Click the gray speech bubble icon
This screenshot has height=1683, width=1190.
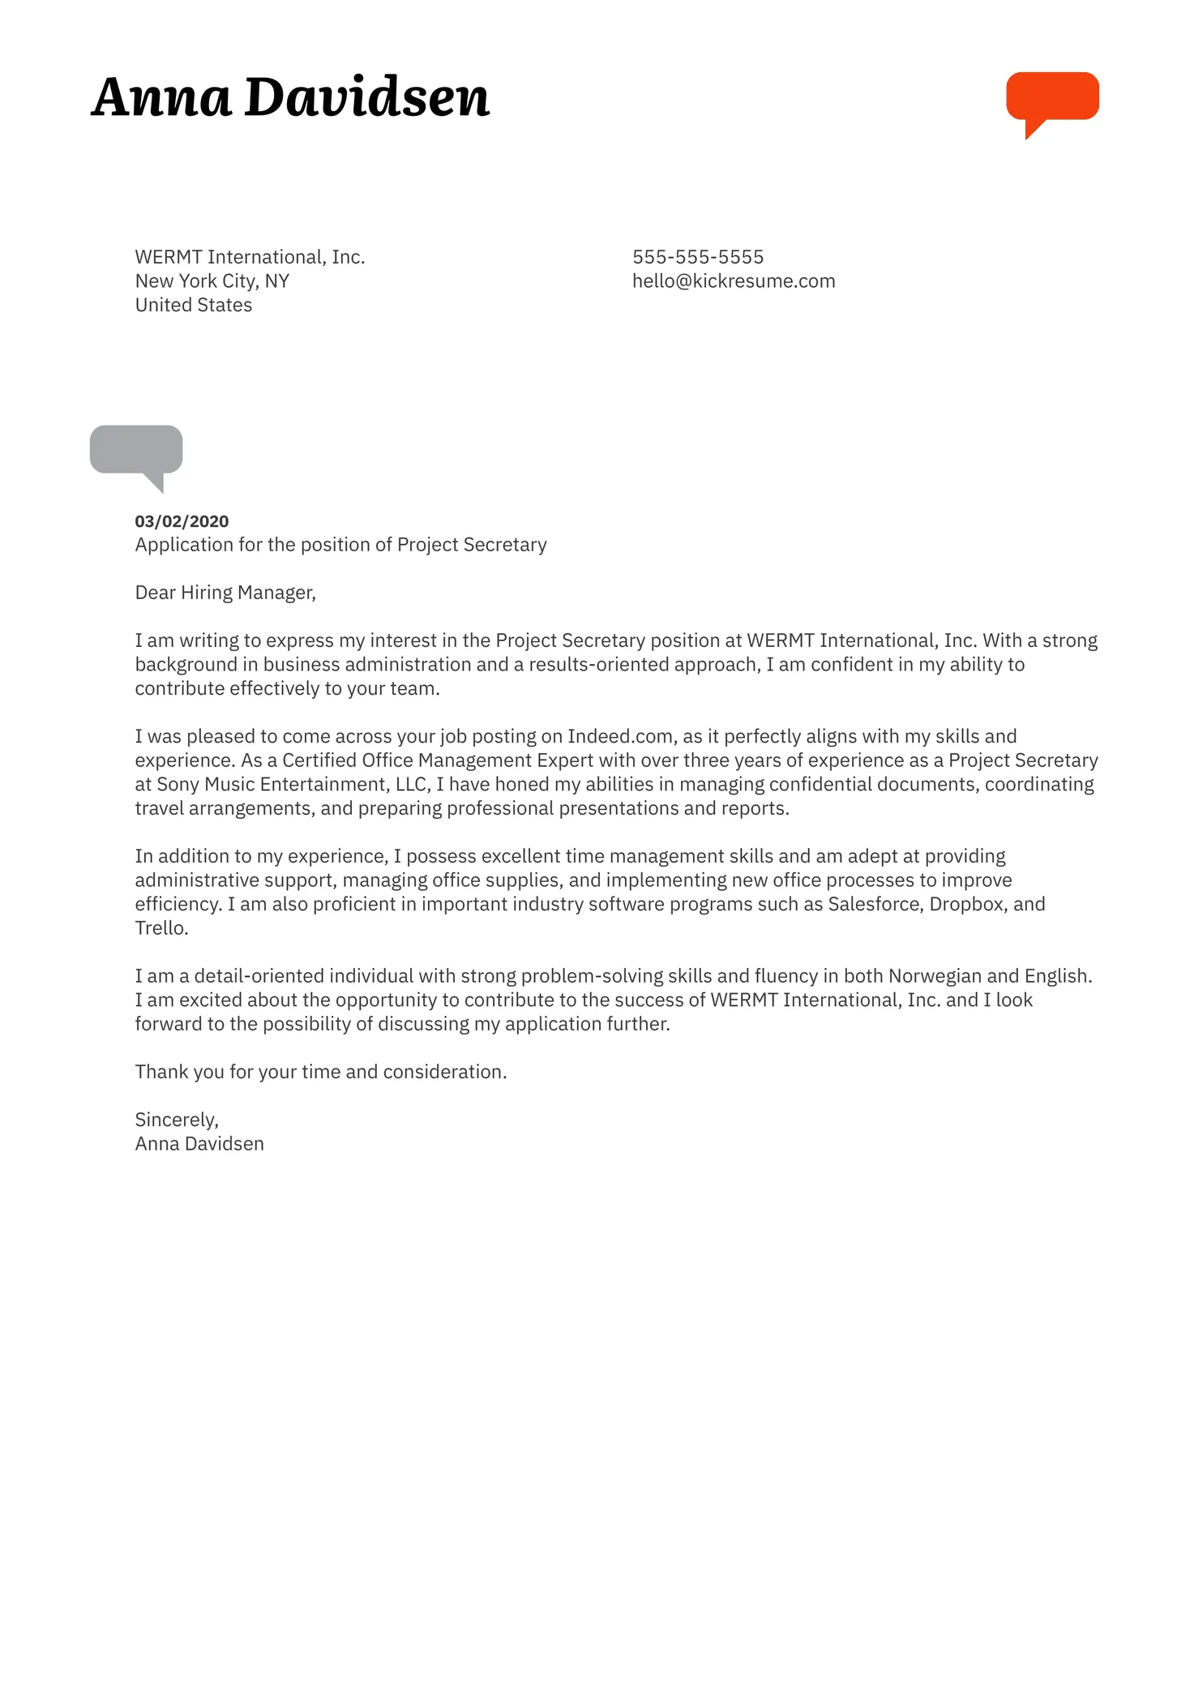click(x=136, y=451)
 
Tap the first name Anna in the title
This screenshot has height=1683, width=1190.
click(x=161, y=98)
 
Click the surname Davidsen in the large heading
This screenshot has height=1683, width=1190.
click(x=366, y=98)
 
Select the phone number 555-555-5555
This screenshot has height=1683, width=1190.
click(x=697, y=257)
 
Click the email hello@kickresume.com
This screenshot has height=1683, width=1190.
click(x=733, y=281)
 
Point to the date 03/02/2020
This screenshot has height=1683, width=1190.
click(x=182, y=521)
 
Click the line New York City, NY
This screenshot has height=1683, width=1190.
click(x=212, y=281)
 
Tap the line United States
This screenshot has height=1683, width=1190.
click(x=193, y=306)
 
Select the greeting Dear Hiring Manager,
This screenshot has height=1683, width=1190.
click(x=225, y=593)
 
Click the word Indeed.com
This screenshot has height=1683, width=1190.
click(x=619, y=736)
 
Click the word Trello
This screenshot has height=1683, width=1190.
click(x=161, y=928)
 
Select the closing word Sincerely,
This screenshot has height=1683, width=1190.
click(x=176, y=1120)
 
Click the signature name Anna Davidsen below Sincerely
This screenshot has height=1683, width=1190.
click(x=199, y=1144)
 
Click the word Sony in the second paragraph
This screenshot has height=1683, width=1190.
click(x=178, y=785)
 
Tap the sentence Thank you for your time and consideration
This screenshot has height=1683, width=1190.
click(x=320, y=1072)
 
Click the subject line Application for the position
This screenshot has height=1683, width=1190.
click(x=340, y=545)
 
